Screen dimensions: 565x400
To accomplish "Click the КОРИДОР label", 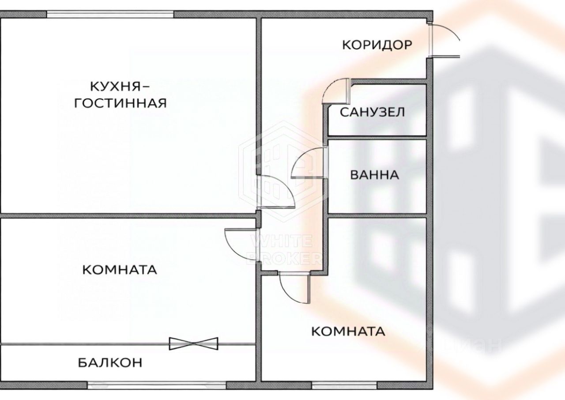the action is coord(377,45).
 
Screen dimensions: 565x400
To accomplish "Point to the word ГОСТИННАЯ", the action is coord(120,103).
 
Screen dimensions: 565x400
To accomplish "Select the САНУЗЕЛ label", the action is coord(372,112).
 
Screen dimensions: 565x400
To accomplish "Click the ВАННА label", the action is coord(374,175).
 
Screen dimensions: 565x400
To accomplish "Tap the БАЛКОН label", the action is coord(110,363).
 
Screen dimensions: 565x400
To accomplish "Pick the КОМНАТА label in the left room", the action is coord(120,270).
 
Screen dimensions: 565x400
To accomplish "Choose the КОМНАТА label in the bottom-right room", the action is coord(348,331).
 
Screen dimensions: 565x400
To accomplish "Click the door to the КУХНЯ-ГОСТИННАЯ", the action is coord(276,192).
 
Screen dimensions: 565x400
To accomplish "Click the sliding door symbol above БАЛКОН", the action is coord(194,343).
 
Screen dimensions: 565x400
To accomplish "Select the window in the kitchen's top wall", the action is coord(110,14).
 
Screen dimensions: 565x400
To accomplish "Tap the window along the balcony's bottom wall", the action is coord(157,385).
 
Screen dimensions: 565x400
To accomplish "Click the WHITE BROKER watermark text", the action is coord(282,249).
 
